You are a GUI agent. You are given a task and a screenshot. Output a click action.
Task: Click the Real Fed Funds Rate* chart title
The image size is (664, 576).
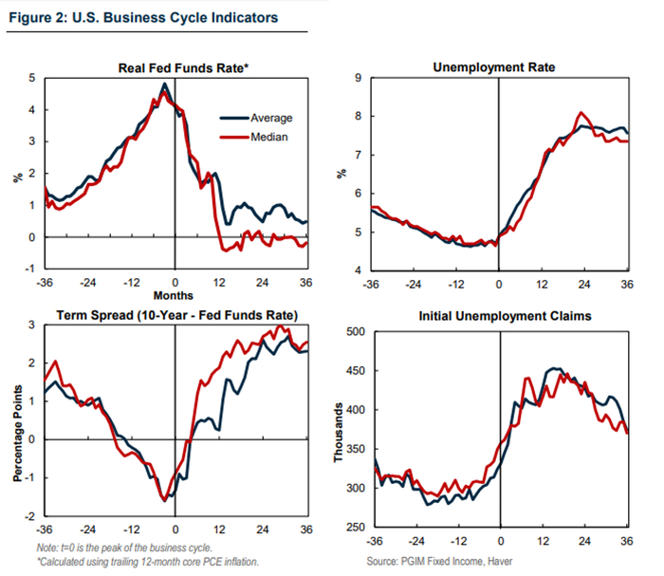pyautogui.click(x=177, y=67)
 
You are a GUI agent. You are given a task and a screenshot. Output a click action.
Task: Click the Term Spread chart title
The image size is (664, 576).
pyautogui.click(x=178, y=315)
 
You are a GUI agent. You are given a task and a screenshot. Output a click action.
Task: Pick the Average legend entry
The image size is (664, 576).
pyautogui.click(x=271, y=118)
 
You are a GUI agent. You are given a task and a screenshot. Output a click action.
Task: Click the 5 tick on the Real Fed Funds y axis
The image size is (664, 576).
pyautogui.click(x=33, y=78)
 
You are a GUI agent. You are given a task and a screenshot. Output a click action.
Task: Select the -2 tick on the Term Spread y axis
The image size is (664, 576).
pyautogui.click(x=31, y=515)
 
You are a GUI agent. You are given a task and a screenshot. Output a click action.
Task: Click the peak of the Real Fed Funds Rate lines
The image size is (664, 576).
pyautogui.click(x=165, y=84)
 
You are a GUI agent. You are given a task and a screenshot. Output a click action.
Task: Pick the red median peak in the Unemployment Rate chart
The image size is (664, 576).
pyautogui.click(x=581, y=112)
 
